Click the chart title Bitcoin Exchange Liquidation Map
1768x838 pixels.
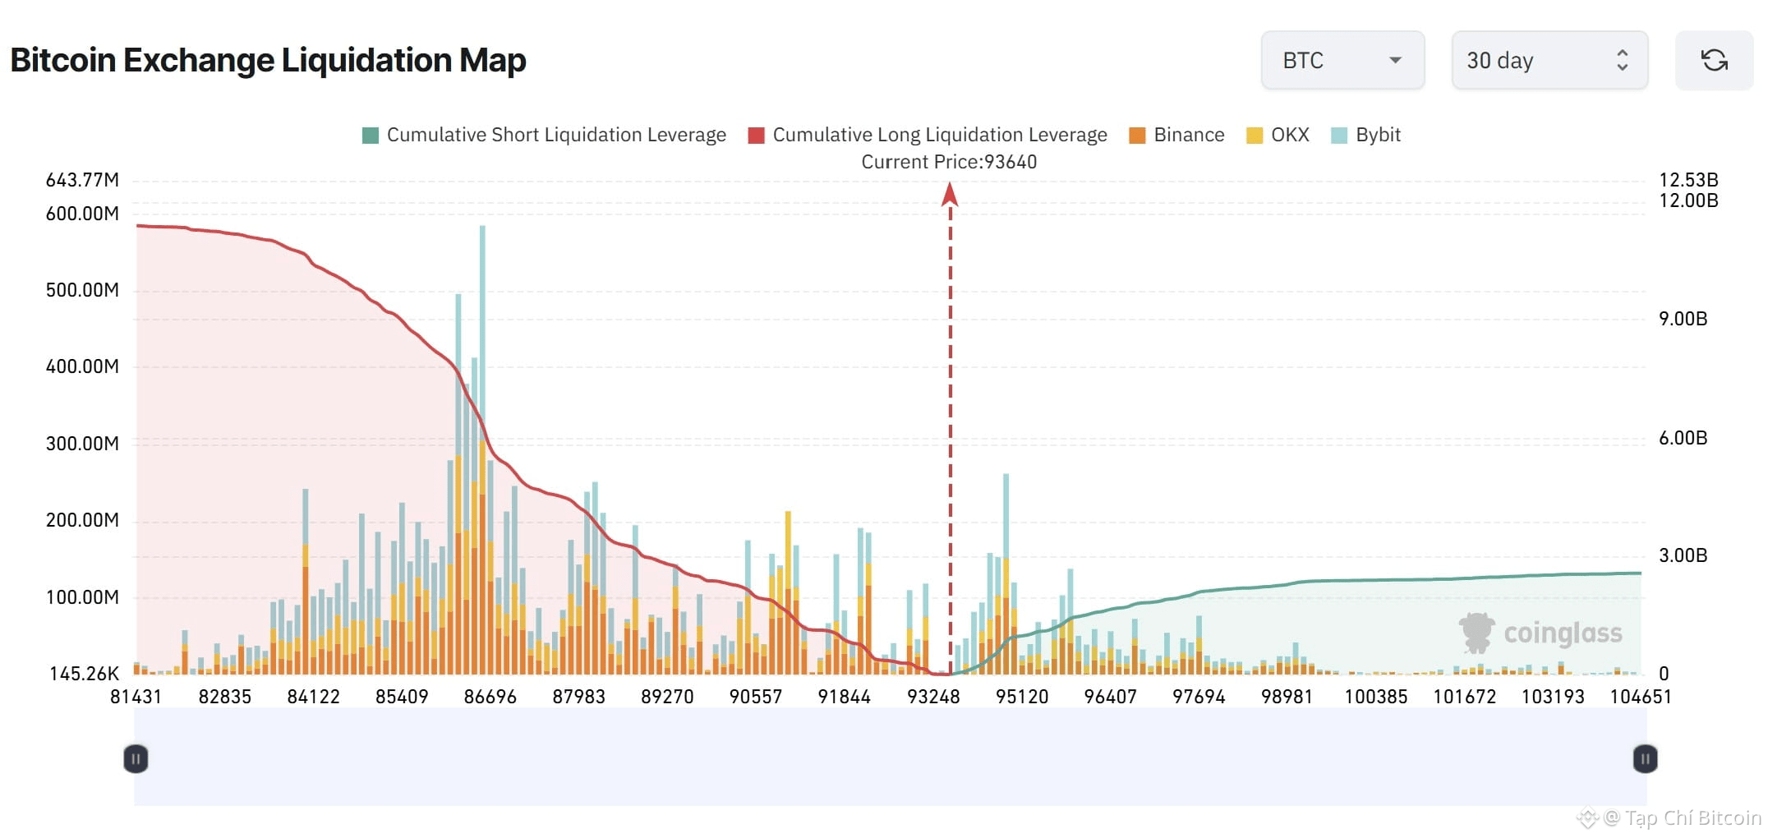tap(268, 60)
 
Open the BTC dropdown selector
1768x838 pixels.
tap(1342, 60)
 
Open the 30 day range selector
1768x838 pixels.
tap(1549, 60)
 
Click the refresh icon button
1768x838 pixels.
tap(1714, 60)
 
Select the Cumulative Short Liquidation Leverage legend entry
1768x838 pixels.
tap(544, 135)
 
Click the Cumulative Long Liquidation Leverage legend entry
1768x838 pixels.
tap(928, 135)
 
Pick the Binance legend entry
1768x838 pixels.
tap(1176, 135)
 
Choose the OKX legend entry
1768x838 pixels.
tap(1278, 135)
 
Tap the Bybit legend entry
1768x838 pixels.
tap(1365, 135)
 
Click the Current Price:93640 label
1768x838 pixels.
tap(949, 162)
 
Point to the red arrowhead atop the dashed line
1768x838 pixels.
tap(950, 194)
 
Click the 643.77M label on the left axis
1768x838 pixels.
tap(82, 180)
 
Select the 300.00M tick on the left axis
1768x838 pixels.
tap(82, 444)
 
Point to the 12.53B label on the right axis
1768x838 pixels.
tap(1688, 180)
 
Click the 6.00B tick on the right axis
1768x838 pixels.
tap(1683, 438)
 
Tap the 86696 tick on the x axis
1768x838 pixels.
tap(490, 697)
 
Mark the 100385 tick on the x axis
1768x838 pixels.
tap(1376, 697)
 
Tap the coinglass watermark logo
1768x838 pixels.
tap(1540, 633)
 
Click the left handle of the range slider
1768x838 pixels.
tap(136, 759)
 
